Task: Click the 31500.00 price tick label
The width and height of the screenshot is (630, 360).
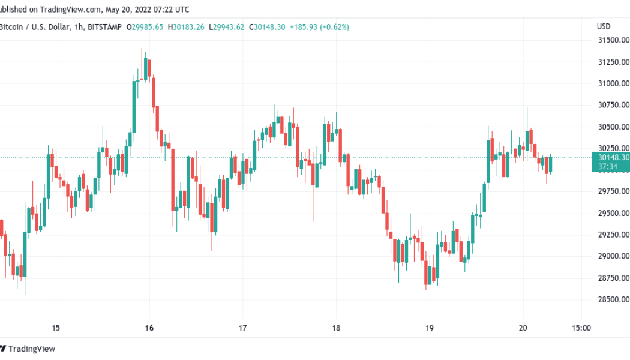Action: (613, 40)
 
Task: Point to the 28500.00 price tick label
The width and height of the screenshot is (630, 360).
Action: (613, 299)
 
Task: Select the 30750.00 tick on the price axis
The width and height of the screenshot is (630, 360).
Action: (613, 105)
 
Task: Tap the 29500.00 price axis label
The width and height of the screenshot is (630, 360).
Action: (613, 213)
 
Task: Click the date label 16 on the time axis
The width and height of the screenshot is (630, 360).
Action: (149, 328)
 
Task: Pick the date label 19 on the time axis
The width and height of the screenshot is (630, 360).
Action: (430, 328)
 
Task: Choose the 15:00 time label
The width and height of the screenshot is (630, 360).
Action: (581, 328)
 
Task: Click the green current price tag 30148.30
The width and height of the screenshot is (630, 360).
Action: (611, 157)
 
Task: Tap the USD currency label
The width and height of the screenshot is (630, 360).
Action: (604, 26)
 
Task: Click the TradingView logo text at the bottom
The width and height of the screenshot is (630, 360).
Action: (32, 349)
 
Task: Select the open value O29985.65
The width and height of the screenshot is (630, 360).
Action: (145, 27)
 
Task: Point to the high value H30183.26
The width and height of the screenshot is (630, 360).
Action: (186, 27)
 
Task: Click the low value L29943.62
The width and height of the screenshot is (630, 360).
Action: (226, 27)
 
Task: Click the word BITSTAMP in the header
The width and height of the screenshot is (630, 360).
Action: (104, 27)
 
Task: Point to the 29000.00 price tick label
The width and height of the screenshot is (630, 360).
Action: (613, 256)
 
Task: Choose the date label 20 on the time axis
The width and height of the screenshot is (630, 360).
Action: (523, 328)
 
